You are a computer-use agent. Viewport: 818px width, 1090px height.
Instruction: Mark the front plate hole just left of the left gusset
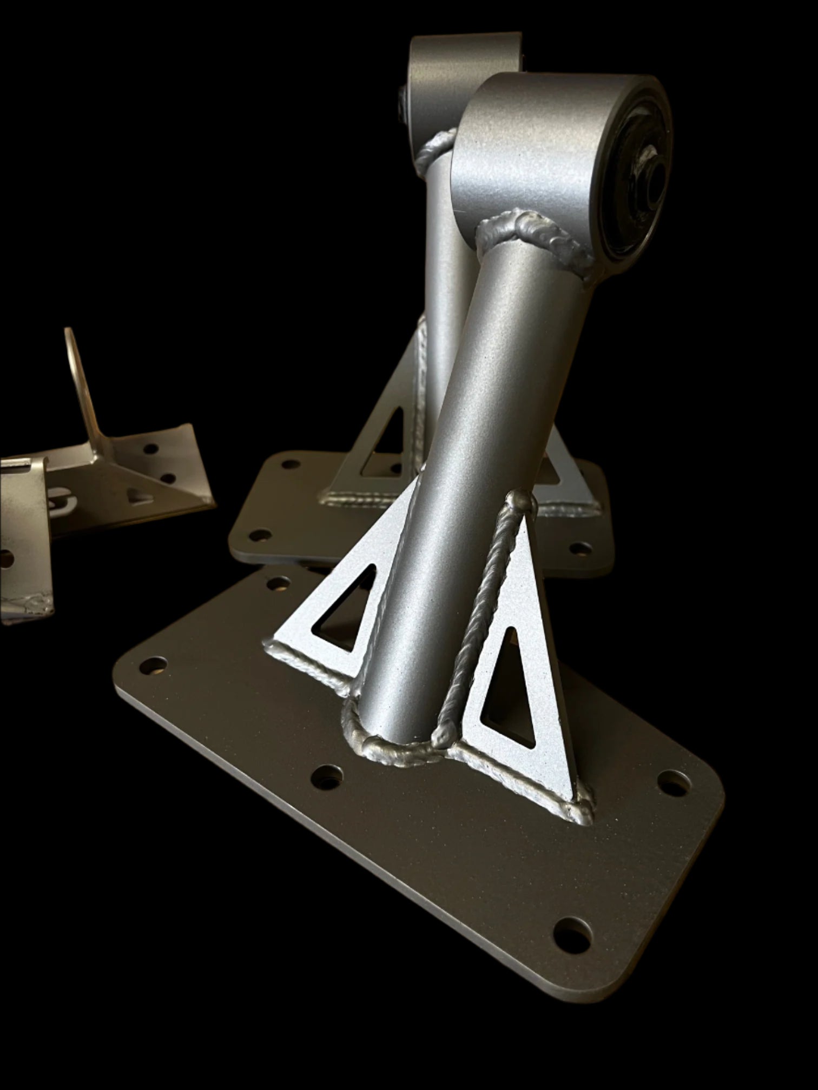279,583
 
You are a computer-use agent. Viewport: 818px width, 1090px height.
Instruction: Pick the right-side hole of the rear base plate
580,548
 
